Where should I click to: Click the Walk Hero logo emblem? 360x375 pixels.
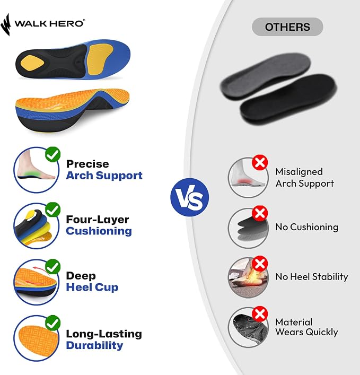(5, 24)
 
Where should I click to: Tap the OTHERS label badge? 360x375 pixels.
(287, 27)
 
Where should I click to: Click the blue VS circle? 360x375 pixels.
(190, 197)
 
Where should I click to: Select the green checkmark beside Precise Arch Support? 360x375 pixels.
(53, 154)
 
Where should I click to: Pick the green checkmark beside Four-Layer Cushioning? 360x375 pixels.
(53, 210)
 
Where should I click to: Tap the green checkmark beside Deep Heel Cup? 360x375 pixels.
(53, 266)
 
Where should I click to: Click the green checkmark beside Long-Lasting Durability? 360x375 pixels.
(53, 323)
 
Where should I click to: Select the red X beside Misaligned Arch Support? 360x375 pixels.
(260, 163)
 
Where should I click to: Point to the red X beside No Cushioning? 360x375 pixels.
(260, 213)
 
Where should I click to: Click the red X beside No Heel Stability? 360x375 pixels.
(260, 264)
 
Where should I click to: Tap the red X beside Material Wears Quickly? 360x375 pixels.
(260, 314)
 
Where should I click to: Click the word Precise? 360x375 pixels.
(87, 164)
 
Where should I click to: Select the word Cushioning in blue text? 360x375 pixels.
(99, 231)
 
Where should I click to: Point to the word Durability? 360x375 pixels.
(95, 346)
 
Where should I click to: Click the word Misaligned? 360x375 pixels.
(299, 172)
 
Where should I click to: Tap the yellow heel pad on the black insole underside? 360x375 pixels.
(32, 63)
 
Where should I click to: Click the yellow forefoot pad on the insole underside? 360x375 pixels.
(100, 58)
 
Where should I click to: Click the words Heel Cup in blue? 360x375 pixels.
(92, 287)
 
